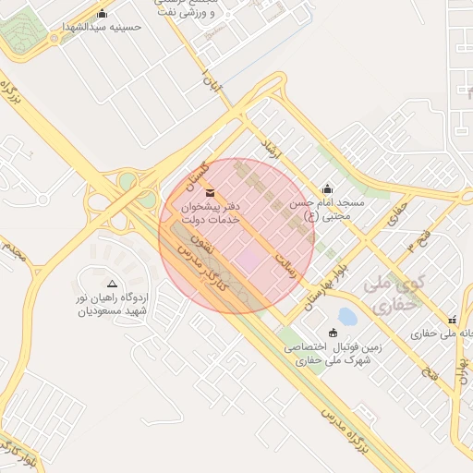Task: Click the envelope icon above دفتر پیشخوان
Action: (210, 192)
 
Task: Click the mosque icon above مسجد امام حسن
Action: (328, 188)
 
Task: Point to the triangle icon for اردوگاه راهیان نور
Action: (113, 285)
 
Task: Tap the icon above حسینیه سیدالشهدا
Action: (102, 14)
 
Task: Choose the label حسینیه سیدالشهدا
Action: (102, 27)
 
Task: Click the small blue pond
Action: (347, 317)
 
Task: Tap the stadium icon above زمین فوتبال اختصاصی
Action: (334, 333)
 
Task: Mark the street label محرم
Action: (13, 249)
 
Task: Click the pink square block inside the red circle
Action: (248, 261)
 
